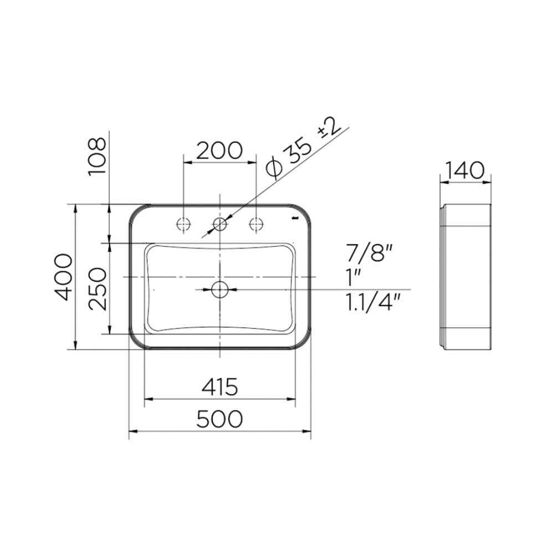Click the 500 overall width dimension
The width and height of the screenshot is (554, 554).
(x=220, y=419)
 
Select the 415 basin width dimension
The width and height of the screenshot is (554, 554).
(x=220, y=386)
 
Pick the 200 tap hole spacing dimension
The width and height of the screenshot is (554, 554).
(x=220, y=151)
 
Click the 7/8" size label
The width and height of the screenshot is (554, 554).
(x=370, y=254)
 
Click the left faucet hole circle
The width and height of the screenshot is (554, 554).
(x=183, y=224)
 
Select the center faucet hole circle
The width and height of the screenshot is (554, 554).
(x=220, y=224)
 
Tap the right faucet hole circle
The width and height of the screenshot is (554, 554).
(x=257, y=224)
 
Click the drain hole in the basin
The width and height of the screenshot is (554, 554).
(x=220, y=289)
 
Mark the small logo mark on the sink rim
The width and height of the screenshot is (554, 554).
(x=295, y=219)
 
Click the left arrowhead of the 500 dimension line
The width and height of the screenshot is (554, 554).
(x=132, y=430)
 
